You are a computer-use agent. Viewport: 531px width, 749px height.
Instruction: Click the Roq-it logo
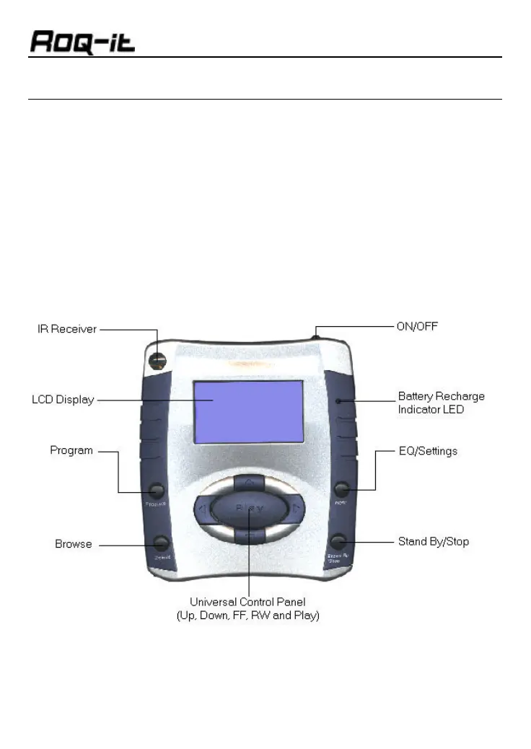point(82,41)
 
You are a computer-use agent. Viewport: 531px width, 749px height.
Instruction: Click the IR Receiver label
point(67,330)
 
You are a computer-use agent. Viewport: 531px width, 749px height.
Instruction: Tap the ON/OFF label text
point(418,326)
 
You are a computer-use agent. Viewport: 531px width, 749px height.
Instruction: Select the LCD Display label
point(63,400)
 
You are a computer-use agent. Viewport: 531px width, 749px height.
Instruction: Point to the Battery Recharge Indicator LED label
point(441,403)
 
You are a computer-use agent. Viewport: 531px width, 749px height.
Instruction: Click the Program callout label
point(71,450)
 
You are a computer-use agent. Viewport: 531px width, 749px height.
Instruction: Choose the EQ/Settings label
point(427,451)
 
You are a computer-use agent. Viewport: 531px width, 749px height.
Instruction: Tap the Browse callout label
point(74,543)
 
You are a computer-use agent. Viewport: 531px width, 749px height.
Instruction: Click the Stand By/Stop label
point(434,541)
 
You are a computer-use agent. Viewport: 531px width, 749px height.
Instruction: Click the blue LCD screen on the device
point(247,411)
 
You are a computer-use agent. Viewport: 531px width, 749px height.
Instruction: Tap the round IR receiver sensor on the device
point(155,359)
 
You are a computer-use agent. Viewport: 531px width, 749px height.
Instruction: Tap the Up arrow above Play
point(248,481)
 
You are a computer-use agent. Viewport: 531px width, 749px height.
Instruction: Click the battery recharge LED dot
point(336,399)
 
